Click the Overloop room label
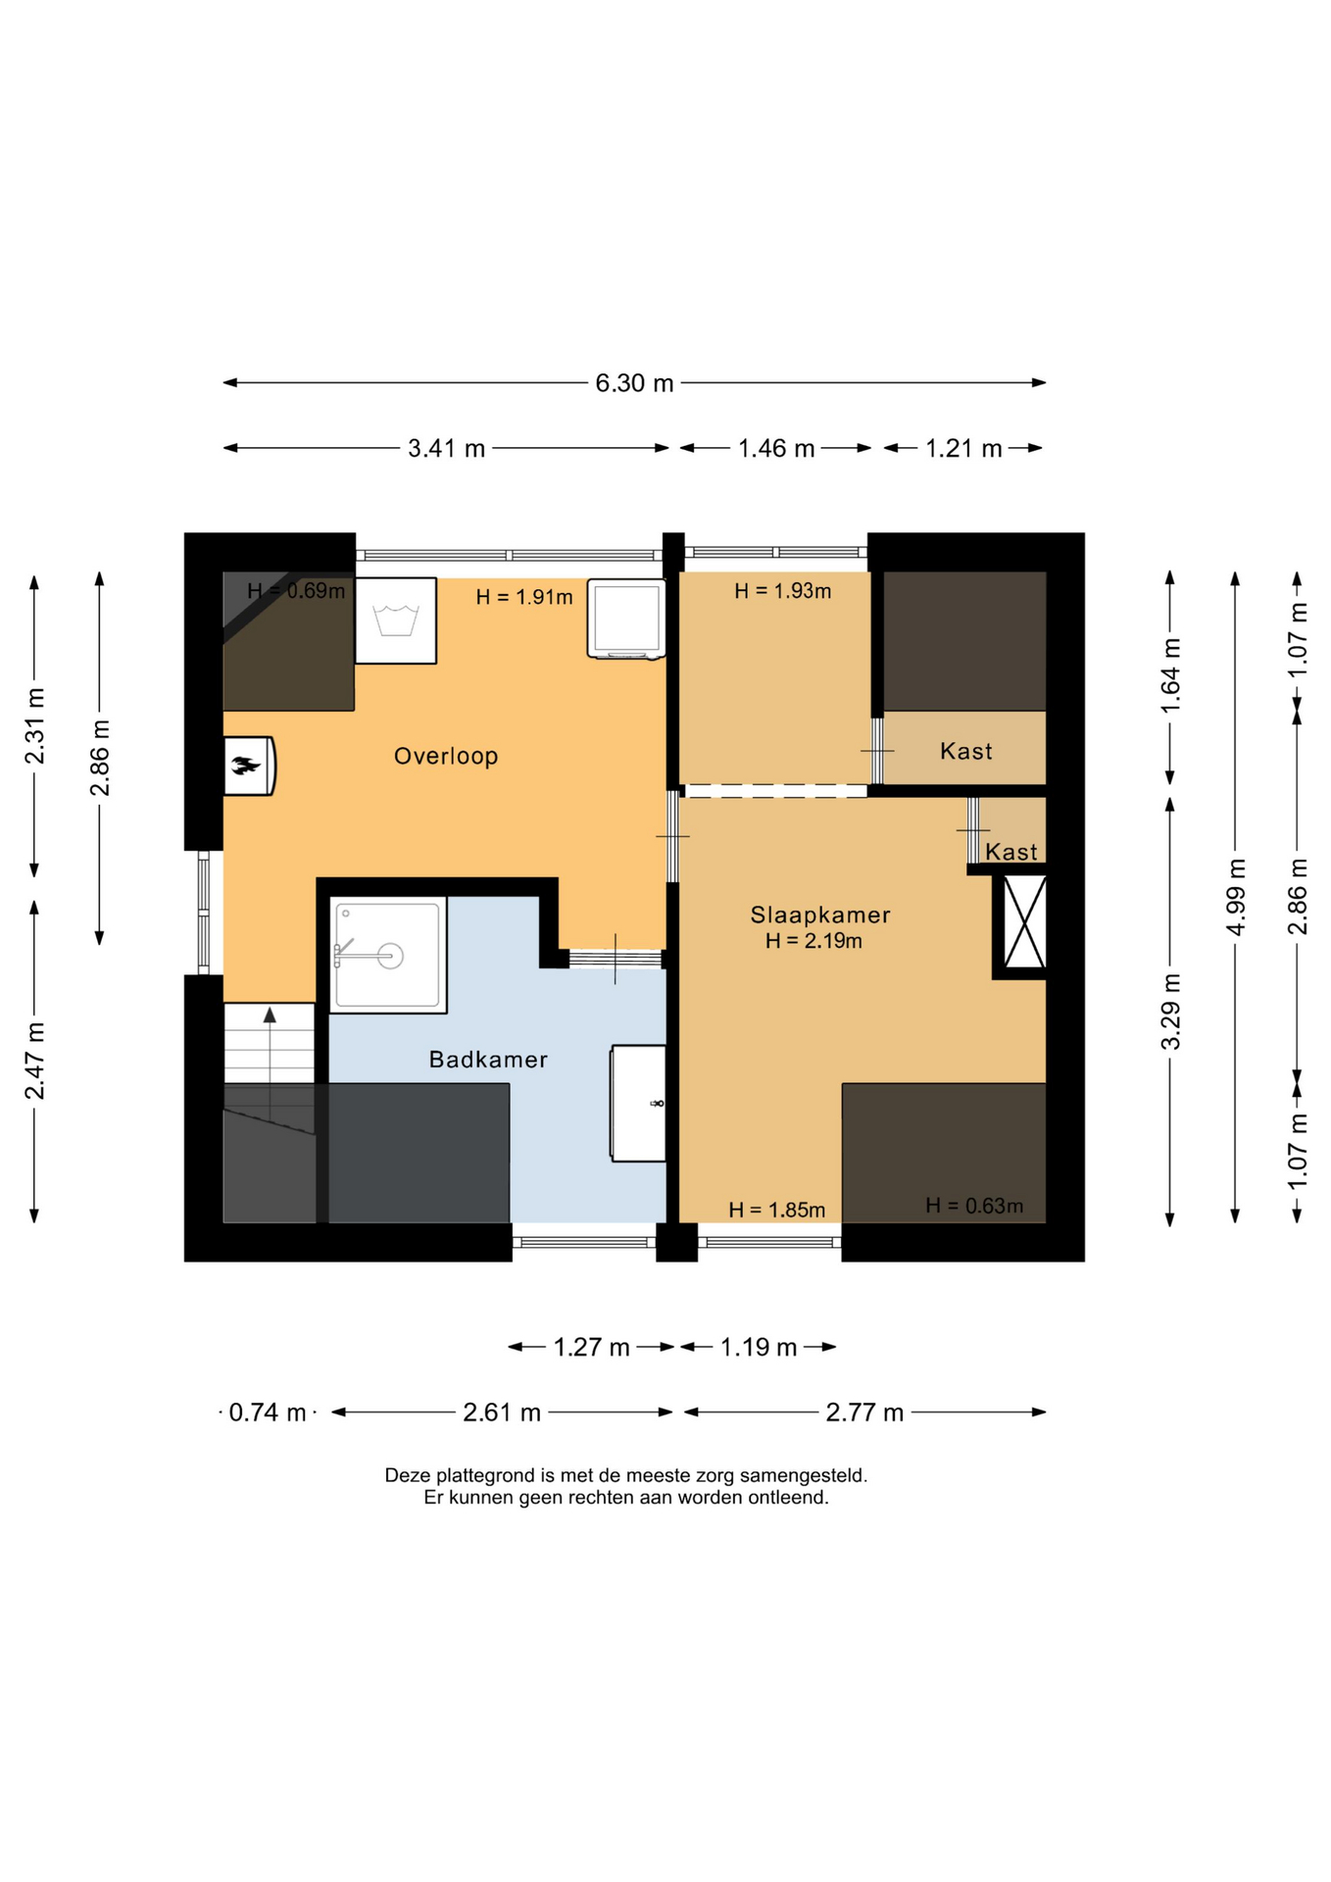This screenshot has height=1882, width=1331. pos(446,756)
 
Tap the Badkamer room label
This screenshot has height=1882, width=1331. pos(488,1060)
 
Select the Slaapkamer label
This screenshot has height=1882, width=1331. pos(820,915)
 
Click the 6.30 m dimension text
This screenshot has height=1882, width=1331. pos(635,383)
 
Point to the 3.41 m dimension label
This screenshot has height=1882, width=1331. pos(447,449)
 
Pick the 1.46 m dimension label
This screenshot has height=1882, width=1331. pos(776,449)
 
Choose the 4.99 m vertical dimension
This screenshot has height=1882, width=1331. pos(1236,897)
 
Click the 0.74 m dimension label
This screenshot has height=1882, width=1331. pos(268,1412)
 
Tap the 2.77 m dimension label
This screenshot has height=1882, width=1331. pos(864,1412)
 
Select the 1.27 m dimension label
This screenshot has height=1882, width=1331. pos(591,1347)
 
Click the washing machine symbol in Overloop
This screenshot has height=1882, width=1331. pos(396,620)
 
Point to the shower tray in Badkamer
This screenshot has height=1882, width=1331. pos(388,955)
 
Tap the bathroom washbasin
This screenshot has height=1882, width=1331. pos(638,1104)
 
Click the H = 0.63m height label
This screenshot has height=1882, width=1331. pos(974,1207)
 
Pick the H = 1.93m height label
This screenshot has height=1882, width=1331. pos(783,591)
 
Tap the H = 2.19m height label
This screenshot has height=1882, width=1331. pos(813,941)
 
